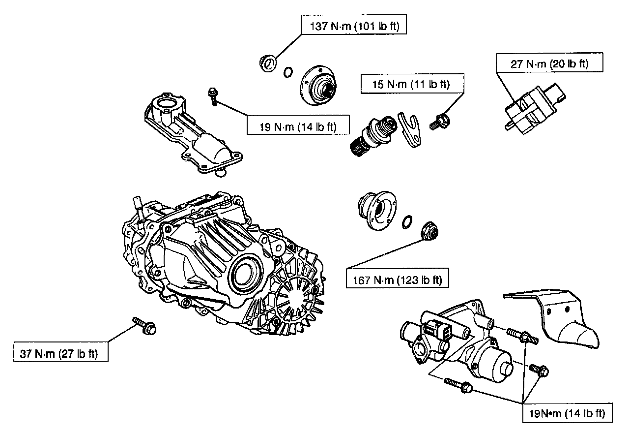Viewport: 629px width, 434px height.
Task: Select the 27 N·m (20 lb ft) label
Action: [x=549, y=63]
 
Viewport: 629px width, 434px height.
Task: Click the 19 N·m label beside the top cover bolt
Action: [x=298, y=126]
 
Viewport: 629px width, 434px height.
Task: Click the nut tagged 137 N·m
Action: [x=267, y=63]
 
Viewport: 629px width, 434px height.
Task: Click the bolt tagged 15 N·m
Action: [x=439, y=121]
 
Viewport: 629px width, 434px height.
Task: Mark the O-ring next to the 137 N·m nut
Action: [x=288, y=72]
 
